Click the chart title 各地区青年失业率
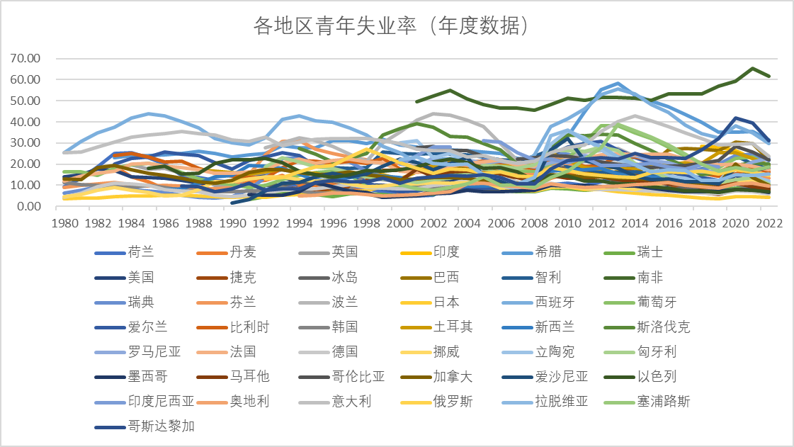[x=335, y=26]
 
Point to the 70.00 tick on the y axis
[x=25, y=58]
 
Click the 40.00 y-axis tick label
[x=25, y=122]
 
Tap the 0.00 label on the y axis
[x=28, y=206]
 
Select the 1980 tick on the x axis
[x=65, y=223]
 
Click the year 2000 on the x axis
[x=400, y=223]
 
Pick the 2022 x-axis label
[x=769, y=223]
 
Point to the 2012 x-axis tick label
[x=601, y=223]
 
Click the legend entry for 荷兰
[x=125, y=252]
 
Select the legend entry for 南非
[x=633, y=278]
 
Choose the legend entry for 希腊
[x=532, y=252]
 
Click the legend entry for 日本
[x=430, y=302]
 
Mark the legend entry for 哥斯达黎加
[x=144, y=426]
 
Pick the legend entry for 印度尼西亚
[x=144, y=402]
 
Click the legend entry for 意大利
[x=335, y=402]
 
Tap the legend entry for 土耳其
[x=436, y=327]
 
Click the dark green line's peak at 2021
[x=752, y=68]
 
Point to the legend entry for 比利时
[x=233, y=327]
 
